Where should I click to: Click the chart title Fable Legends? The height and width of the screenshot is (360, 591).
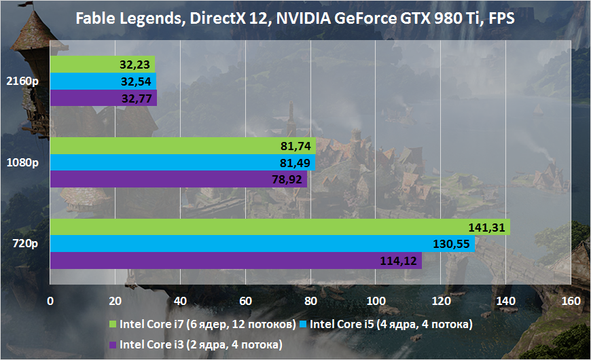(295, 18)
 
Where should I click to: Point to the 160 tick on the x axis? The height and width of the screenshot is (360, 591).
(571, 301)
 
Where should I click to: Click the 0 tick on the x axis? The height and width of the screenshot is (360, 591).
(50, 301)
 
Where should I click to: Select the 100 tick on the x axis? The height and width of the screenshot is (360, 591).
(375, 301)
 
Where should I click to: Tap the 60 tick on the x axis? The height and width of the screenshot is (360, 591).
(245, 301)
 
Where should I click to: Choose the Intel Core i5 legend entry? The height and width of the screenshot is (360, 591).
(387, 325)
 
